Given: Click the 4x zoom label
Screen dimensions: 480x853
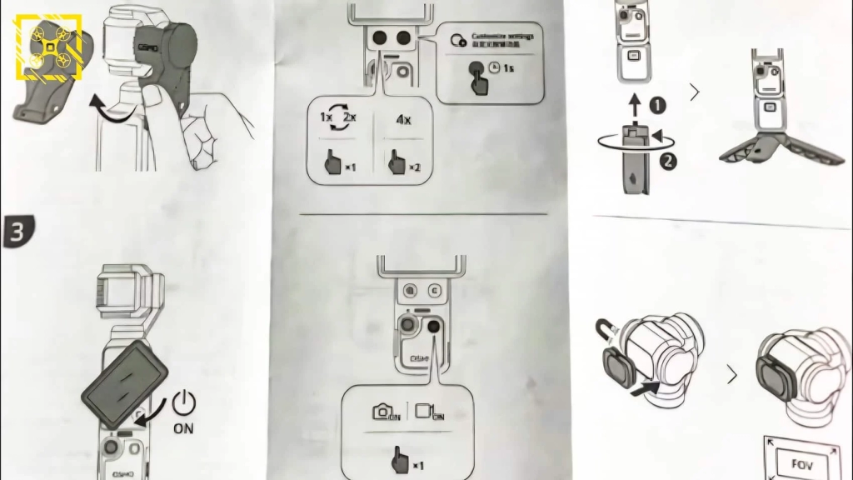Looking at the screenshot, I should pyautogui.click(x=402, y=119).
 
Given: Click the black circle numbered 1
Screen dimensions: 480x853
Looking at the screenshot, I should pyautogui.click(x=658, y=106).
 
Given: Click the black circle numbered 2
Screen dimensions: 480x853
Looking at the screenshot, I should pyautogui.click(x=667, y=161).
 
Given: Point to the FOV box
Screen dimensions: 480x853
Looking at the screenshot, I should pyautogui.click(x=799, y=462).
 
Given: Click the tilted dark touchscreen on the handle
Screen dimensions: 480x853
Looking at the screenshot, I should pyautogui.click(x=125, y=383).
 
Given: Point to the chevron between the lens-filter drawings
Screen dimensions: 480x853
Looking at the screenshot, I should pyautogui.click(x=732, y=376).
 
